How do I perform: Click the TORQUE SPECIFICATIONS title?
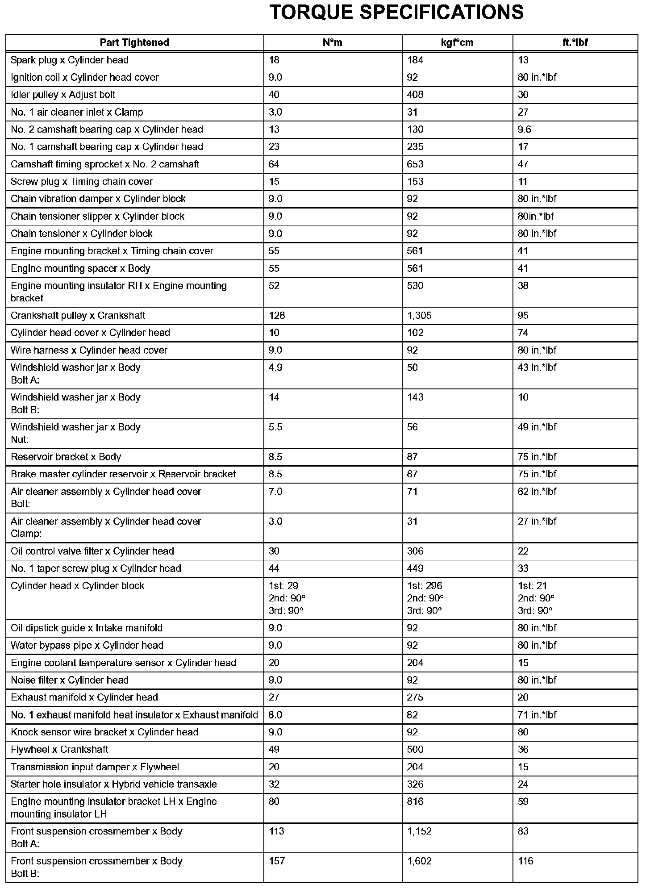(396, 13)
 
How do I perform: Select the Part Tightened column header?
(134, 42)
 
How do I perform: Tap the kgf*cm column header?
(457, 42)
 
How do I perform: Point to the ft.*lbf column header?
(575, 42)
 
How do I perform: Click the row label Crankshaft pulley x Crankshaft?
(78, 316)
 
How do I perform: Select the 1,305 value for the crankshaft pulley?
(419, 316)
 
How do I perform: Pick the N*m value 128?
(277, 316)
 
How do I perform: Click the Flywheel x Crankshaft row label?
(59, 750)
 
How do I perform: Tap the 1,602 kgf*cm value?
(419, 861)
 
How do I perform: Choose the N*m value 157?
(277, 861)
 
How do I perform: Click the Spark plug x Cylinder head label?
(70, 60)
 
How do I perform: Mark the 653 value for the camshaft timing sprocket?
(415, 164)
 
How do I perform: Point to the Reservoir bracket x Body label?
(66, 457)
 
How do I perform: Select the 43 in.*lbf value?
(537, 368)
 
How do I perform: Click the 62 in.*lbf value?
(537, 492)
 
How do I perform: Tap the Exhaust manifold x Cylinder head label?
(84, 697)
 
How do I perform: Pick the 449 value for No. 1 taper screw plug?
(415, 569)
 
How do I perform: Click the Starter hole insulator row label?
(114, 785)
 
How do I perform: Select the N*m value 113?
(277, 831)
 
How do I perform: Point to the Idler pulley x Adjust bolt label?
(63, 95)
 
